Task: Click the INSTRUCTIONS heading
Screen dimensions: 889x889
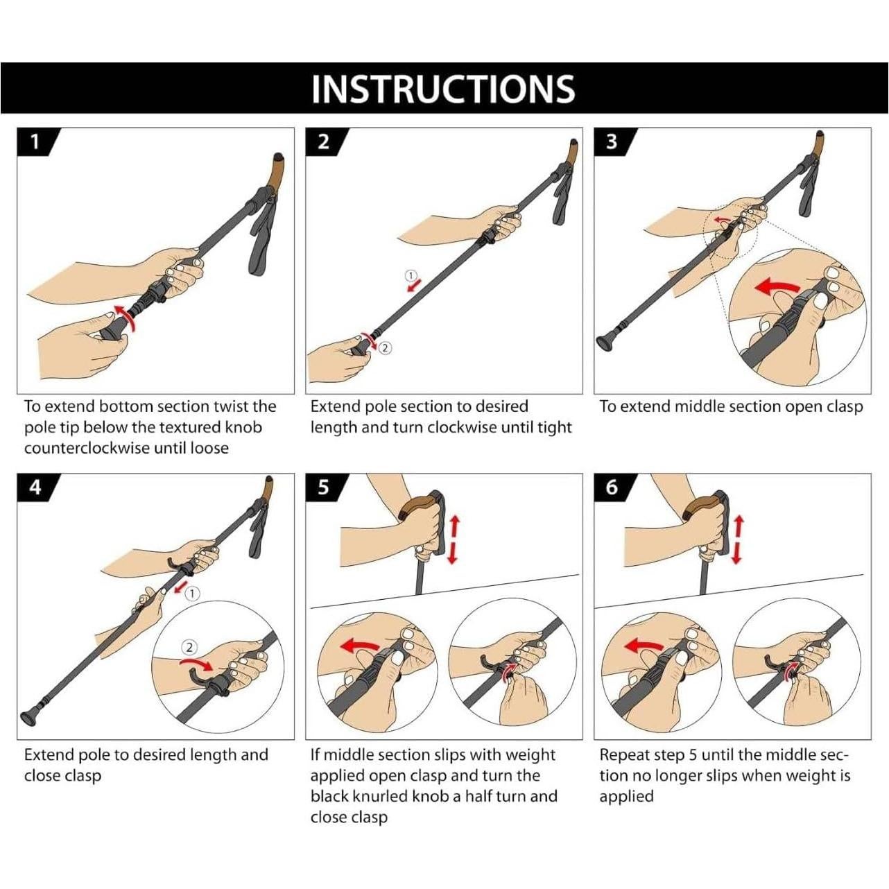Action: coord(443,88)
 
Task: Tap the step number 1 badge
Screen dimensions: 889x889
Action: coord(36,141)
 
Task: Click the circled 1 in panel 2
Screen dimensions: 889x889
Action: coord(411,275)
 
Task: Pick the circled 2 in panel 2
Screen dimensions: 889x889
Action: coord(386,348)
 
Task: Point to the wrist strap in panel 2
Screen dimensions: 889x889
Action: coord(561,196)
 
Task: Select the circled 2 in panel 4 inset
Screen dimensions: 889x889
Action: coord(189,648)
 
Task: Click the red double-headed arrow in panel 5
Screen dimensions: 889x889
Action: coord(454,540)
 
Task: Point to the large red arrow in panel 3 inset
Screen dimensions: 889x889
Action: coord(777,287)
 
